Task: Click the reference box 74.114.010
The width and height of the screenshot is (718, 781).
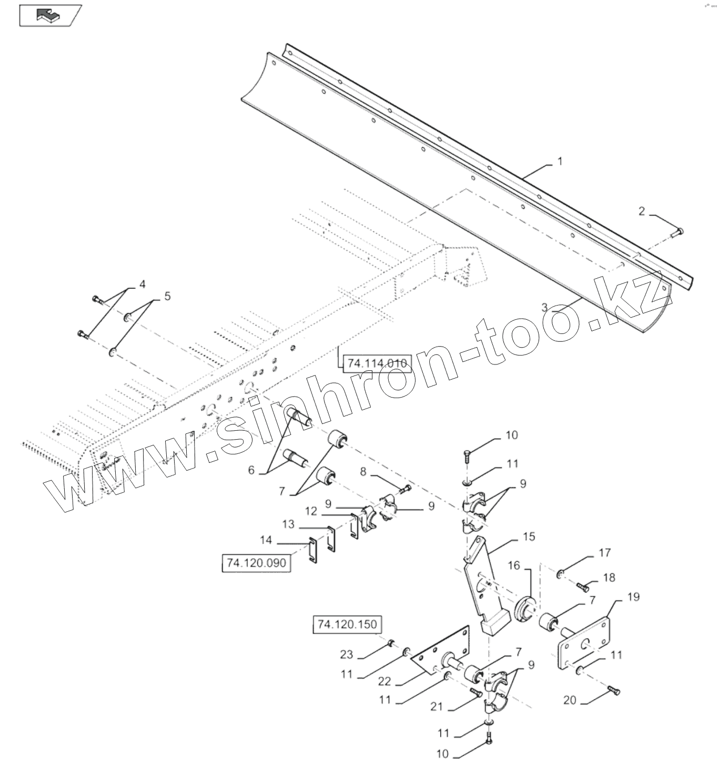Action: click(x=376, y=363)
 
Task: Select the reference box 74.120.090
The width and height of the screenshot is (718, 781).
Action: click(x=256, y=563)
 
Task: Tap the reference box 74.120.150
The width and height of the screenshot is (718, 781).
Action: click(x=347, y=624)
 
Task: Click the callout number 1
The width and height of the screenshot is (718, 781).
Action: click(x=560, y=161)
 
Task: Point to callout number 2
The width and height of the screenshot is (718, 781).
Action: click(x=641, y=211)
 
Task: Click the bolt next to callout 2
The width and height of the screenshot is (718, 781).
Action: click(x=678, y=231)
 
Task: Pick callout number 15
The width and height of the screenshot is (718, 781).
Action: click(x=529, y=536)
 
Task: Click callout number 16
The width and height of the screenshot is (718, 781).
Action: click(x=513, y=565)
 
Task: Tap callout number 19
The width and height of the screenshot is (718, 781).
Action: click(x=633, y=597)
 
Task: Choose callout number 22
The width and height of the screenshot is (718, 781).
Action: click(x=385, y=681)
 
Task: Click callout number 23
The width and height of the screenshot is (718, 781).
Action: click(x=346, y=655)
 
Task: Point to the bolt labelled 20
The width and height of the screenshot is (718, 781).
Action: click(x=614, y=691)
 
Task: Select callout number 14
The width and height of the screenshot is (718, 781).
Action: click(x=266, y=540)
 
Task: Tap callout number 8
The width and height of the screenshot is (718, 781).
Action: click(x=363, y=472)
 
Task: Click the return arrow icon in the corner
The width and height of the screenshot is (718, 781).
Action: click(x=49, y=15)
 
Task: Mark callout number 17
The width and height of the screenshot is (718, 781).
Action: click(x=604, y=552)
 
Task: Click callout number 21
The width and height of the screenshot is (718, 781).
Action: click(x=437, y=707)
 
